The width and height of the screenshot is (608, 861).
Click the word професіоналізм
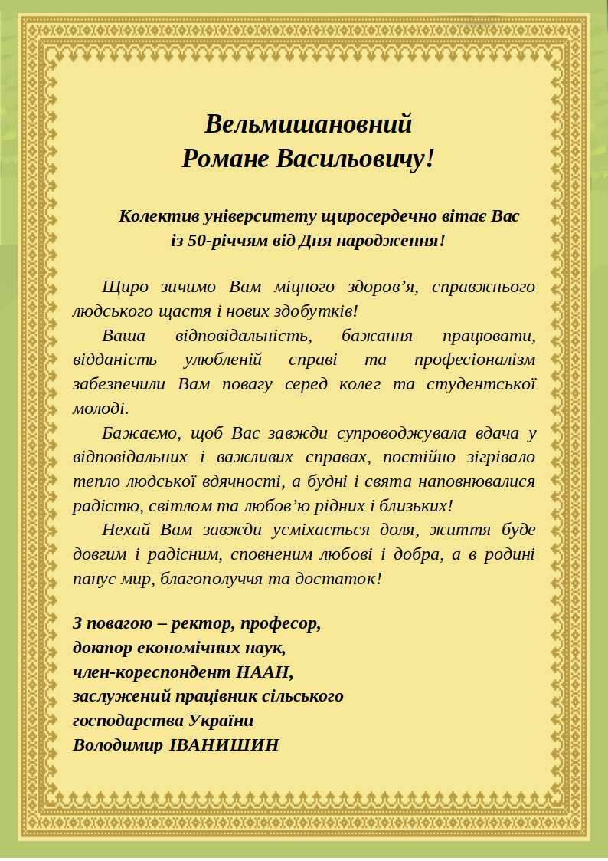pos(474,360)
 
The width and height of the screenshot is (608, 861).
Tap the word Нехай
pos(126,530)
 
